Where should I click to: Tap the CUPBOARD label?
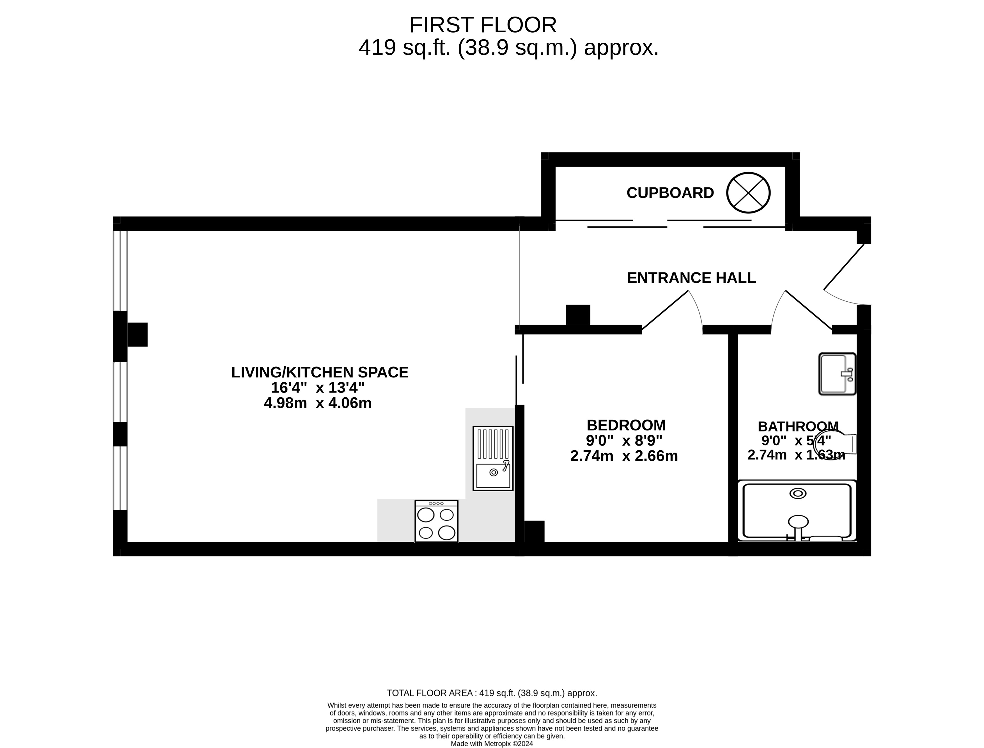pyautogui.click(x=670, y=193)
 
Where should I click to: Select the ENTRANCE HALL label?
pyautogui.click(x=691, y=278)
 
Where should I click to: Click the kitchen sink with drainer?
pyautogui.click(x=493, y=458)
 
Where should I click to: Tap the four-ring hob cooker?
pyautogui.click(x=436, y=521)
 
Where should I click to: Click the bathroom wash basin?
pyautogui.click(x=837, y=374)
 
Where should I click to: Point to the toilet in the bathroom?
pyautogui.click(x=834, y=445)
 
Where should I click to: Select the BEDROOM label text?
pyautogui.click(x=626, y=425)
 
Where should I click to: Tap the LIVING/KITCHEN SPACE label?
pyautogui.click(x=320, y=372)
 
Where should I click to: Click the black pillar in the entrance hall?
pyautogui.click(x=578, y=315)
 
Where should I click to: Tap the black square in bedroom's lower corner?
pyautogui.click(x=534, y=531)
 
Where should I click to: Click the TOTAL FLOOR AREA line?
pyautogui.click(x=492, y=693)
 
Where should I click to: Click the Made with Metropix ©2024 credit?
pyautogui.click(x=492, y=744)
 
